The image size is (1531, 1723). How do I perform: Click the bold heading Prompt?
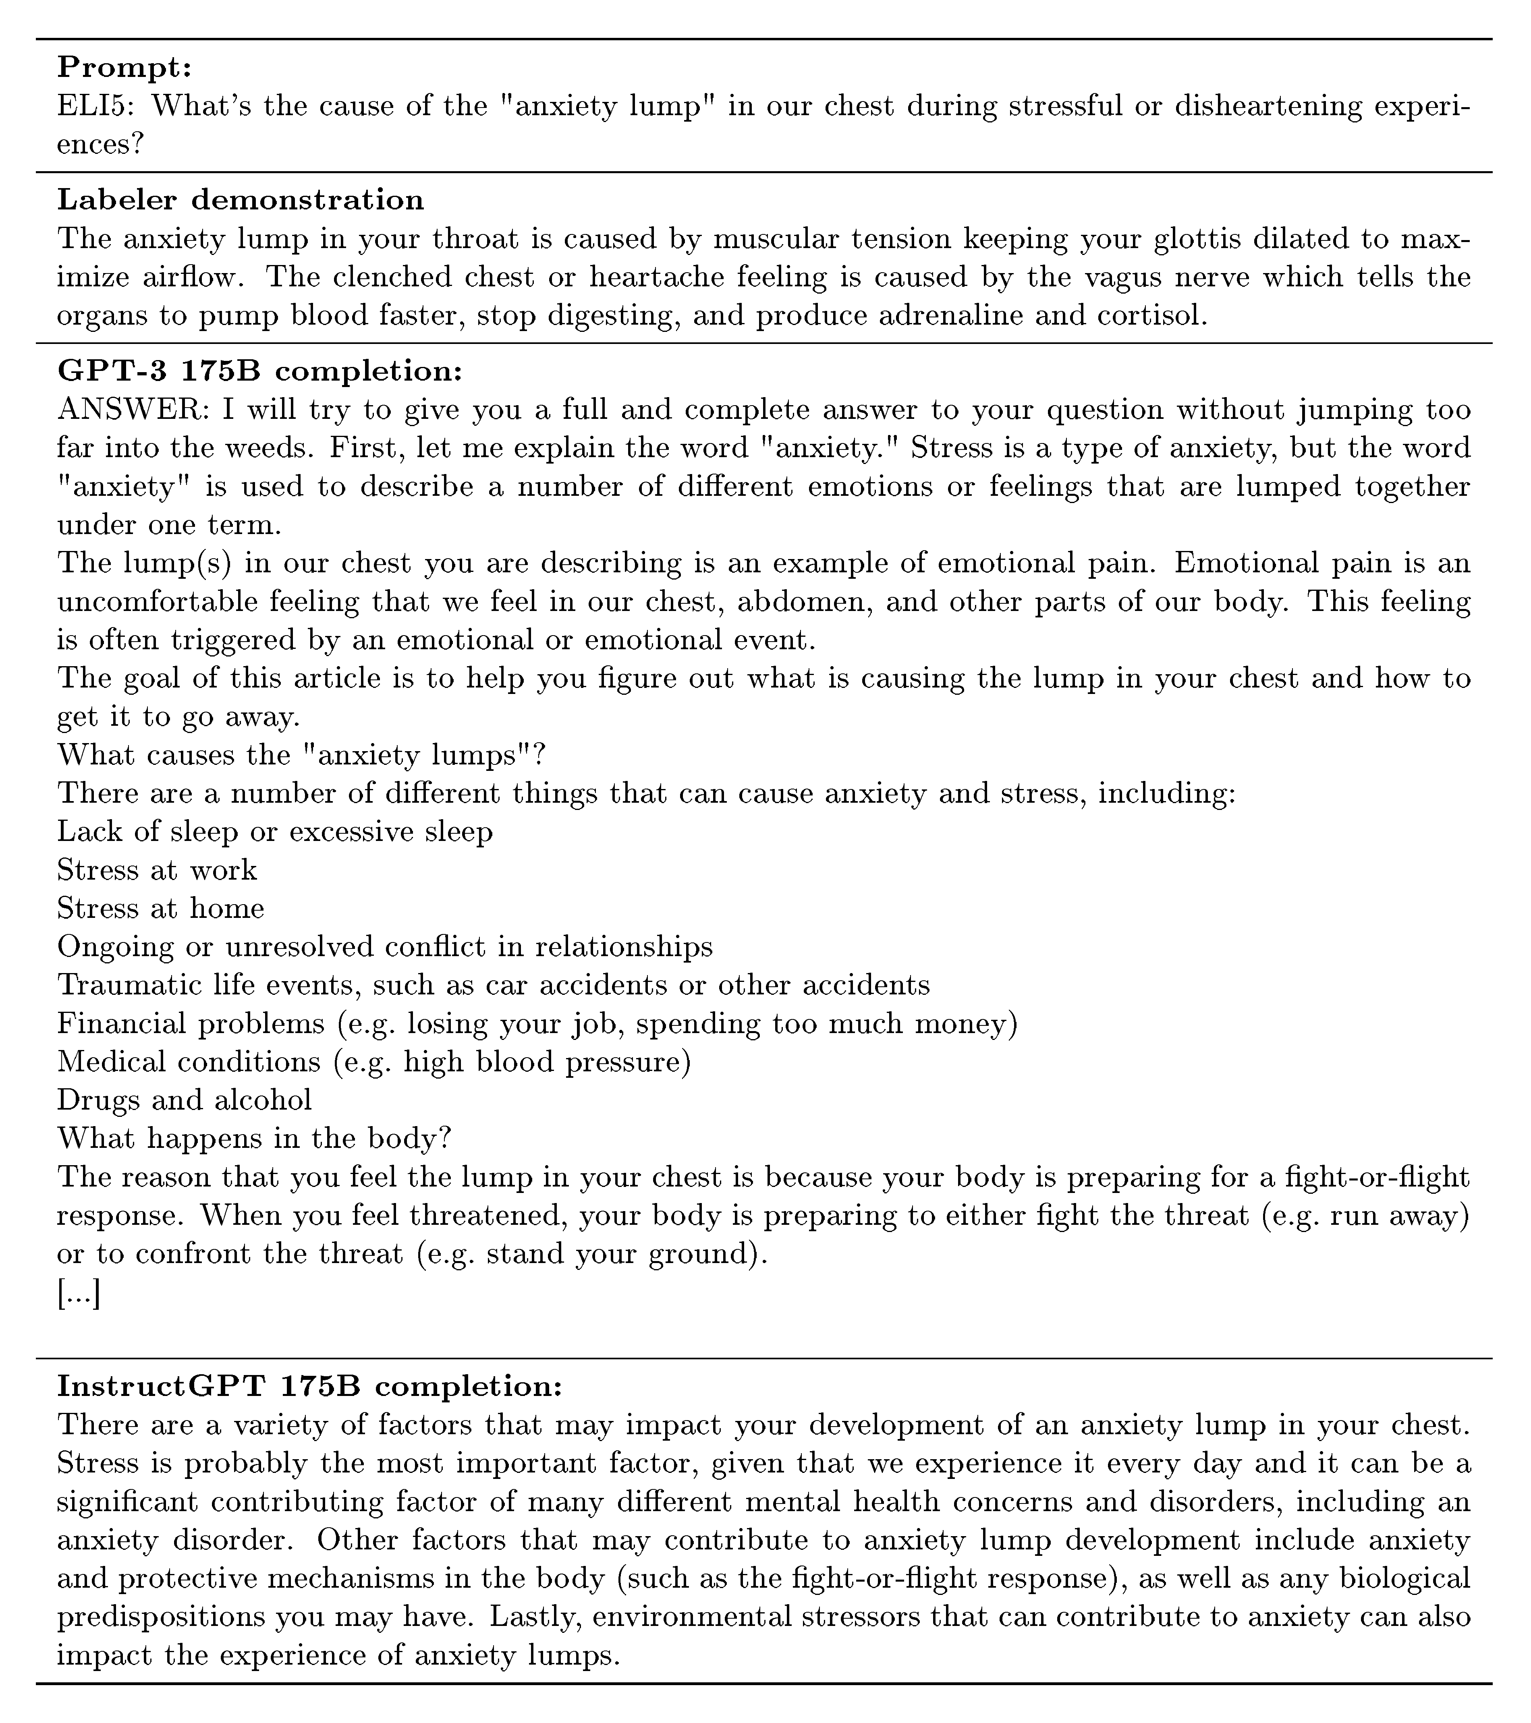125,67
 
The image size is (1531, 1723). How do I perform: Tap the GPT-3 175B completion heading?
259,371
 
